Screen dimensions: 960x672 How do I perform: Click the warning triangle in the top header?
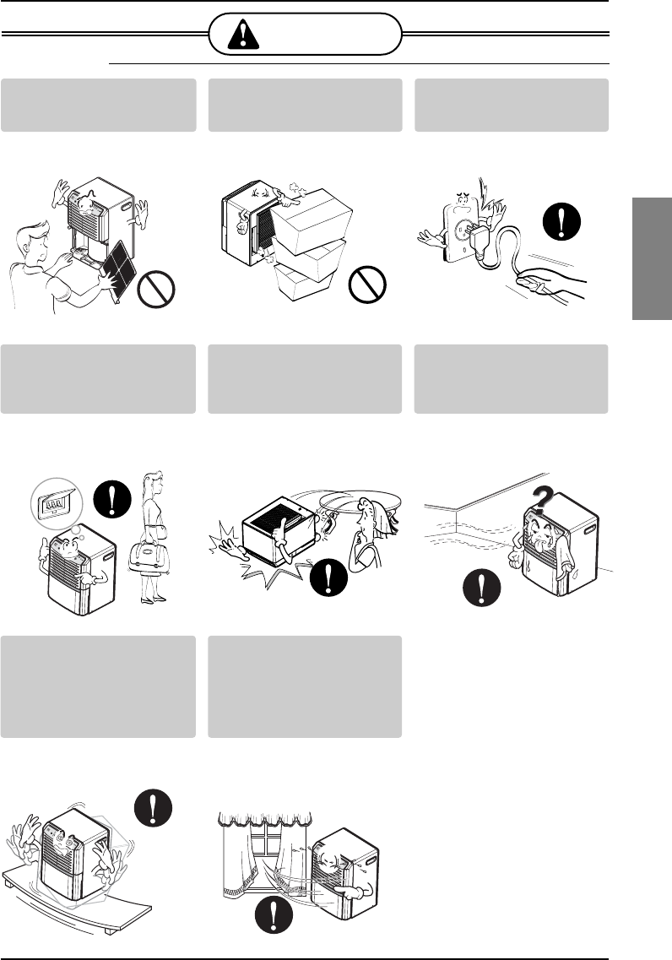click(244, 35)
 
